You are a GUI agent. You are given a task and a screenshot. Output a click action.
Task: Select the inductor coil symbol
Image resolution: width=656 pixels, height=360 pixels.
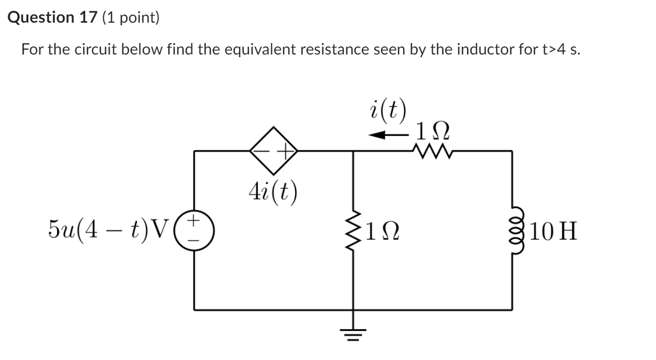point(512,230)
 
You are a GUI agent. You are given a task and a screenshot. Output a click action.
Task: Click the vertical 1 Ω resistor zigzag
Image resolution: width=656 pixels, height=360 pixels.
point(353,232)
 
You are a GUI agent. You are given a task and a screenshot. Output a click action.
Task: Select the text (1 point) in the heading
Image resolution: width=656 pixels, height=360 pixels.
point(130,18)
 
